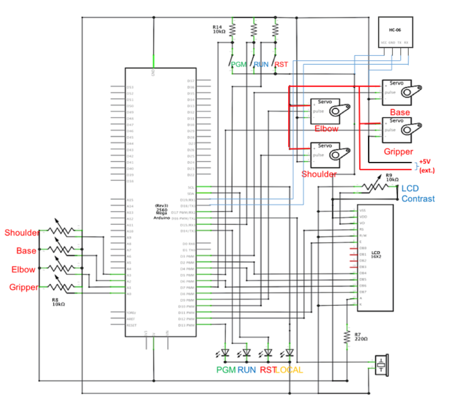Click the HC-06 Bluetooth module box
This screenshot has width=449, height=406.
click(x=395, y=32)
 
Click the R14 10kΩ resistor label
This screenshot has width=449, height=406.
click(x=219, y=29)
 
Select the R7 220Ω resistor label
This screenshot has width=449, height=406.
click(x=361, y=337)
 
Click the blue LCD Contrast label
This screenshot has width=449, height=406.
click(x=418, y=194)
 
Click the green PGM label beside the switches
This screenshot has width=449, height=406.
click(x=240, y=64)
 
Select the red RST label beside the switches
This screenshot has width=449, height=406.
click(x=282, y=64)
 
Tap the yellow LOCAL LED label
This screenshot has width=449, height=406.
click(x=289, y=370)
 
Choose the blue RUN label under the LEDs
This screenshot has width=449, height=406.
click(x=247, y=370)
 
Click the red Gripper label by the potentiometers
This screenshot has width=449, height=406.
click(x=23, y=287)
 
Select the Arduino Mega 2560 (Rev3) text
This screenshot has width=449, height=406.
click(x=161, y=212)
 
